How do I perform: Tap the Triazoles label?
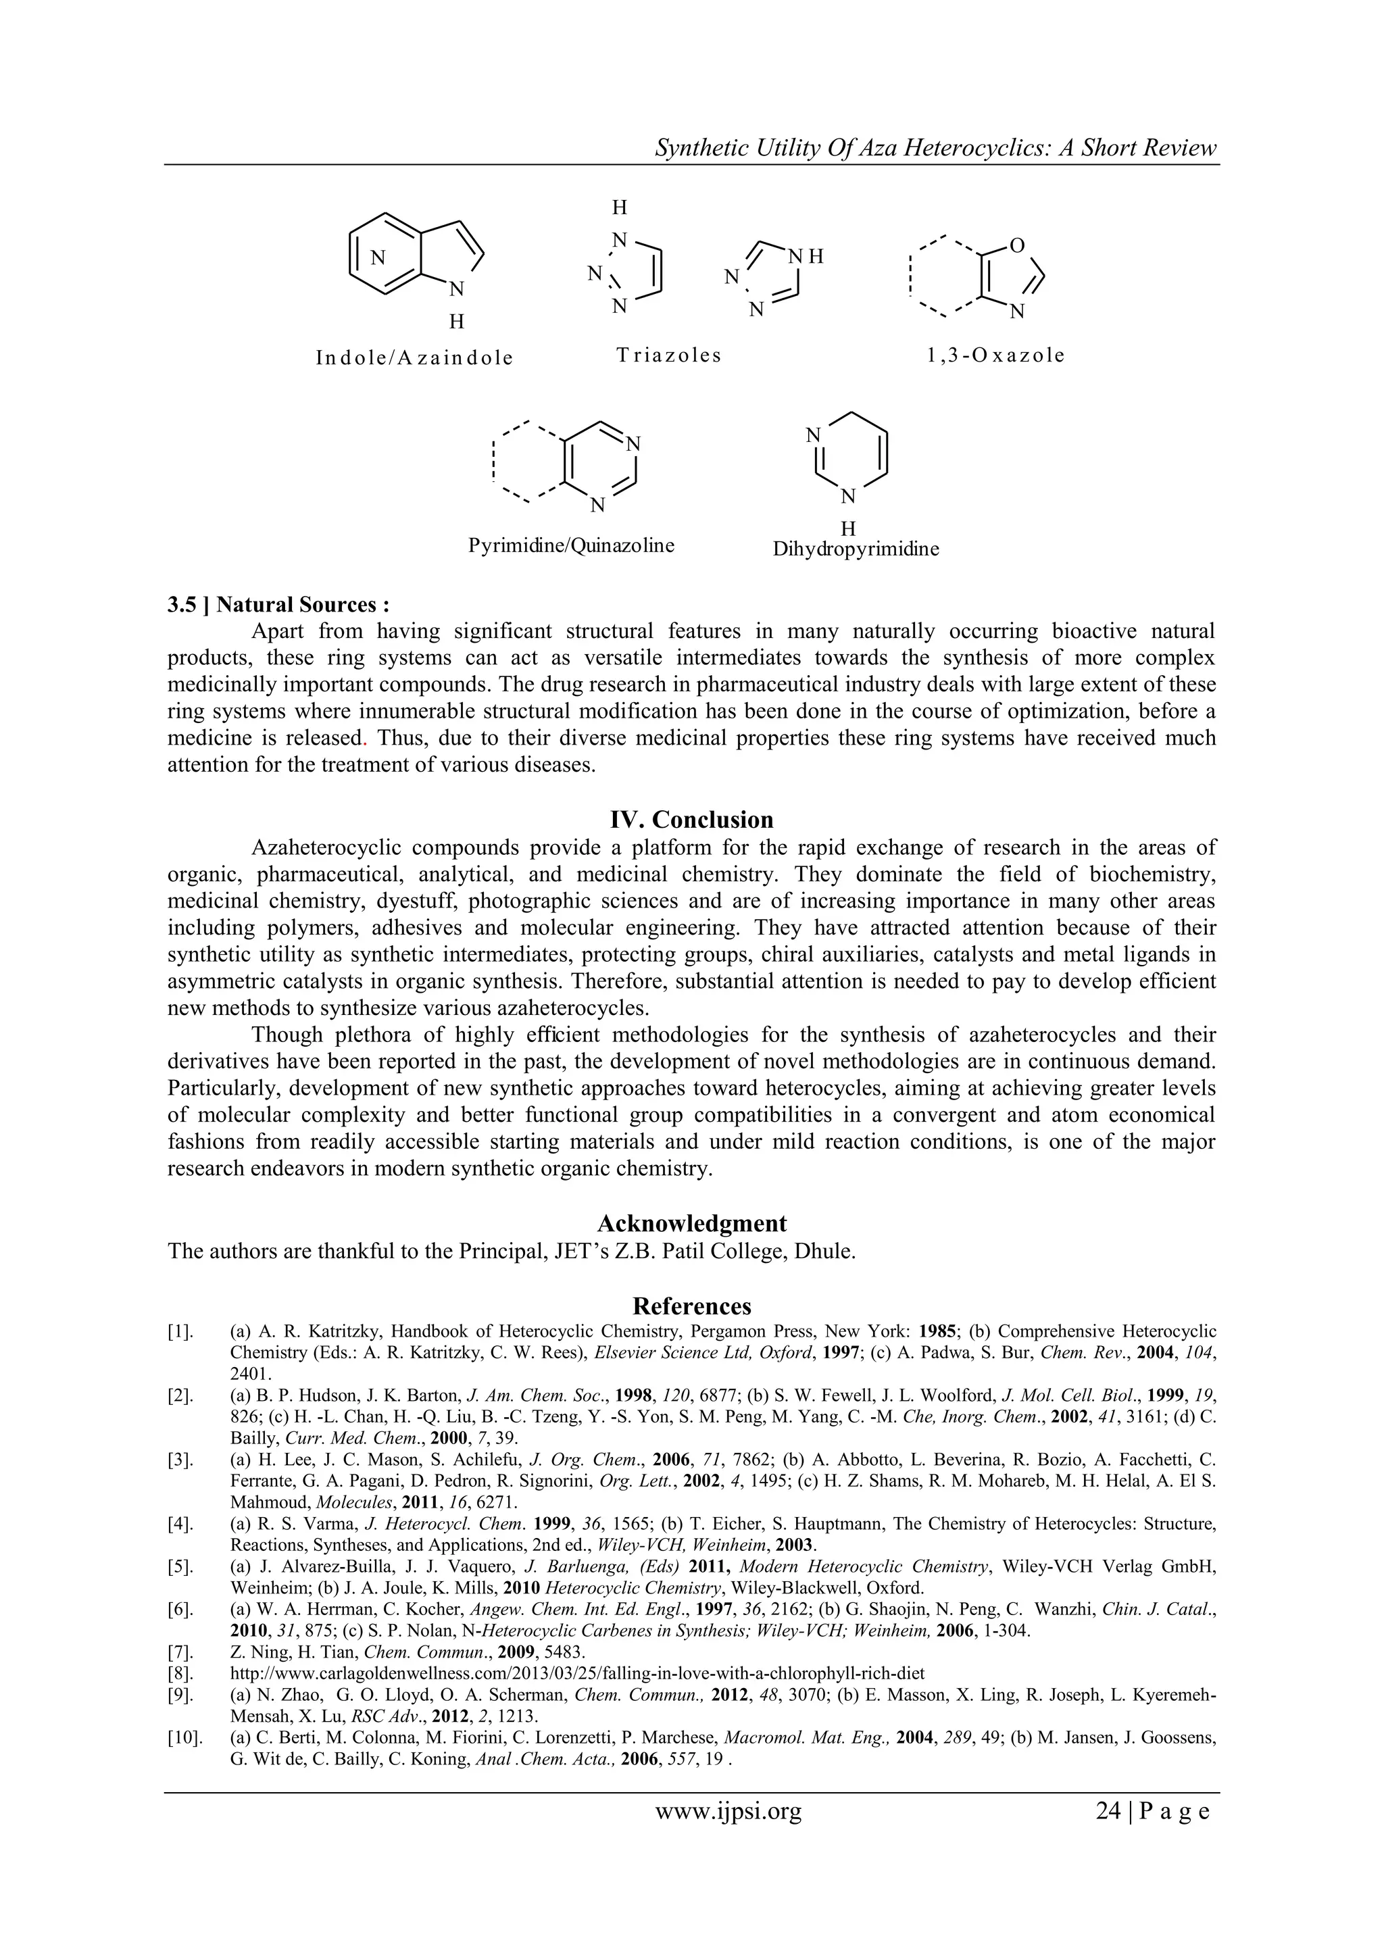click(x=669, y=355)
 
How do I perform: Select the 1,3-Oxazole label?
click(x=995, y=355)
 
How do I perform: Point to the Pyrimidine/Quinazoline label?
click(x=571, y=545)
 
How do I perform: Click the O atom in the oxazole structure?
click(x=1016, y=247)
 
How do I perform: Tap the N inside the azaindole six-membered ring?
click(x=378, y=257)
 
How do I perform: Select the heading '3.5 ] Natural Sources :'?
click(x=278, y=604)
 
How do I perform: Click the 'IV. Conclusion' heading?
click(x=691, y=820)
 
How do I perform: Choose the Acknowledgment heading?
click(x=691, y=1223)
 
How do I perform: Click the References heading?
click(x=691, y=1306)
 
